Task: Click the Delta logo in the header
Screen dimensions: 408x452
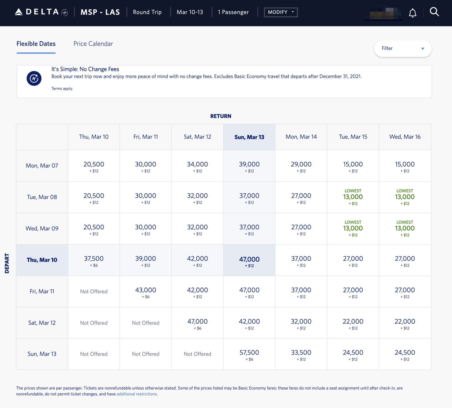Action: (41, 12)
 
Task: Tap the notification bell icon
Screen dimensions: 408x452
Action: (413, 13)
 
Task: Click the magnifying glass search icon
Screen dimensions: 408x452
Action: (434, 12)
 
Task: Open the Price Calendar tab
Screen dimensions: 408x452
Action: (93, 44)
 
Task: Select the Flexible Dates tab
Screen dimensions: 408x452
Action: (36, 44)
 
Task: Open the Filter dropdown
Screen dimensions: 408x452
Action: (403, 49)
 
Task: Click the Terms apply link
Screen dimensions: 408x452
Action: (62, 88)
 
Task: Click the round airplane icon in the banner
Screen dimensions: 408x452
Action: (34, 78)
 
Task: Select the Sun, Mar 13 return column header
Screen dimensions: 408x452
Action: (249, 137)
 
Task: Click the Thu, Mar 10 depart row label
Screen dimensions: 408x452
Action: (42, 260)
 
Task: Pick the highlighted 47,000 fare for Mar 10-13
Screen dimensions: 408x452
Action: (249, 260)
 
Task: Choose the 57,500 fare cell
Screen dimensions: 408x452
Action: (249, 354)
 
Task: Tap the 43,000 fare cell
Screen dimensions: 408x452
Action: (146, 292)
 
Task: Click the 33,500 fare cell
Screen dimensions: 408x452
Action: (301, 354)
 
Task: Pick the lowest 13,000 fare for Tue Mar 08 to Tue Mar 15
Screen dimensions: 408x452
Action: (353, 197)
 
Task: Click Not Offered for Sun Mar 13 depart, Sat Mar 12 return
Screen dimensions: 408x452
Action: (197, 354)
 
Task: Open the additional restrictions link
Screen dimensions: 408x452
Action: (137, 394)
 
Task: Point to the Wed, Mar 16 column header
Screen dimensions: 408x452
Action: (405, 137)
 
